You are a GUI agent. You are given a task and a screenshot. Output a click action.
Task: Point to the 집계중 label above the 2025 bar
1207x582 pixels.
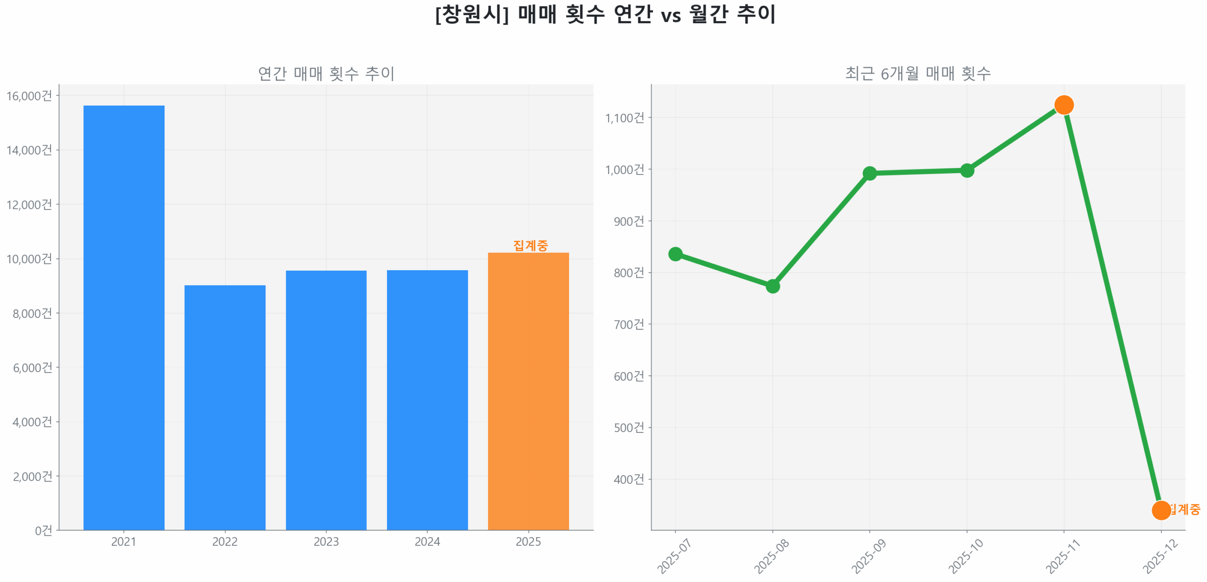530,245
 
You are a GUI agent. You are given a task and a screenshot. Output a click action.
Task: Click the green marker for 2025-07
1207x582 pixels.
675,254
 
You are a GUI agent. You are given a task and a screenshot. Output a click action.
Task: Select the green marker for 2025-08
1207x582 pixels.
772,286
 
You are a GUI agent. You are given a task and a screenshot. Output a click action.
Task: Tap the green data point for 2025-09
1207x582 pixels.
869,173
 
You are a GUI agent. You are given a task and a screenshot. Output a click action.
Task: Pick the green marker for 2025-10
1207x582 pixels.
967,170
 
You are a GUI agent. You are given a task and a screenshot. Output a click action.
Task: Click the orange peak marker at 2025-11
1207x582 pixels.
1064,105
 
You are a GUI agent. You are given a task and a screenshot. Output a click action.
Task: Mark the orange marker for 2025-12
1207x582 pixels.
1161,510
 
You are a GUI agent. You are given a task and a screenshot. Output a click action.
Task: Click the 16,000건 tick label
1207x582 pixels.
29,96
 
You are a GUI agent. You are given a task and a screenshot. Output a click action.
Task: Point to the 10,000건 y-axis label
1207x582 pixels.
29,259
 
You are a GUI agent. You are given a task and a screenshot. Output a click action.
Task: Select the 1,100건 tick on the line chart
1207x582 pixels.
624,117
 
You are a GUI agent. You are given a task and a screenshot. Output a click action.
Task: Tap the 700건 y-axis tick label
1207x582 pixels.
628,324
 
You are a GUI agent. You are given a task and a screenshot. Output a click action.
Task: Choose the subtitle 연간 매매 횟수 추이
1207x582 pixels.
326,74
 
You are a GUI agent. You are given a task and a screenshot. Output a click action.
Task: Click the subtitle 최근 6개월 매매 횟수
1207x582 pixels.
918,74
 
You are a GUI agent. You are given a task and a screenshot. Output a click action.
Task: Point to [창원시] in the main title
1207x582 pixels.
471,14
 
